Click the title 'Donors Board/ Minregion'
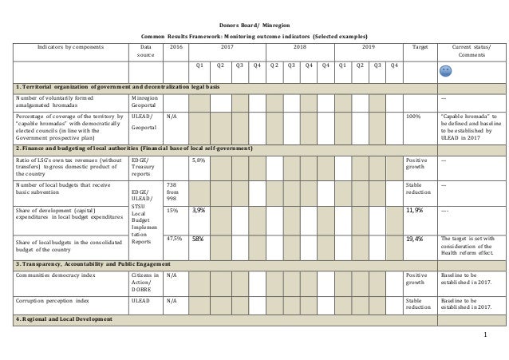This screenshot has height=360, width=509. [x=254, y=25]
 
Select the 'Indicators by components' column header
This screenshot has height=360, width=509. [x=63, y=47]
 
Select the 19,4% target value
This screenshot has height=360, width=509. [x=415, y=238]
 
